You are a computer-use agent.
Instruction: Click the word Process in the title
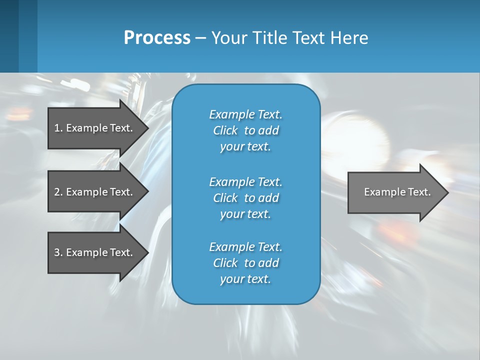[157, 38]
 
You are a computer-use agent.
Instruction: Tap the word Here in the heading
[349, 38]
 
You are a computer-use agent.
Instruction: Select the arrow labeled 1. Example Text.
[93, 128]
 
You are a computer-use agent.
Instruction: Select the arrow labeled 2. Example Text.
[93, 192]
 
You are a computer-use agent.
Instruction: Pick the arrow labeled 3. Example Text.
[93, 252]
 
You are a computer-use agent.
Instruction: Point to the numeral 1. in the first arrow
[58, 128]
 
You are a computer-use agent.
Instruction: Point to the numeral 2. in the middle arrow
[58, 192]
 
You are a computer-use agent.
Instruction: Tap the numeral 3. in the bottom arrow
[58, 252]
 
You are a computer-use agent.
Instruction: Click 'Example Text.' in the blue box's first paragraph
[245, 114]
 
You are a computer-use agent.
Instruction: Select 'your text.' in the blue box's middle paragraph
[245, 214]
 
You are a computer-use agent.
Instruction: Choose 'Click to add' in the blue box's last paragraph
[245, 263]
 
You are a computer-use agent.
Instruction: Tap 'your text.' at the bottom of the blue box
[245, 279]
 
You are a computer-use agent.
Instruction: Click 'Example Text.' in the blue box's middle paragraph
[245, 181]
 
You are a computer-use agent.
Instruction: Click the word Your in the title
[229, 38]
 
